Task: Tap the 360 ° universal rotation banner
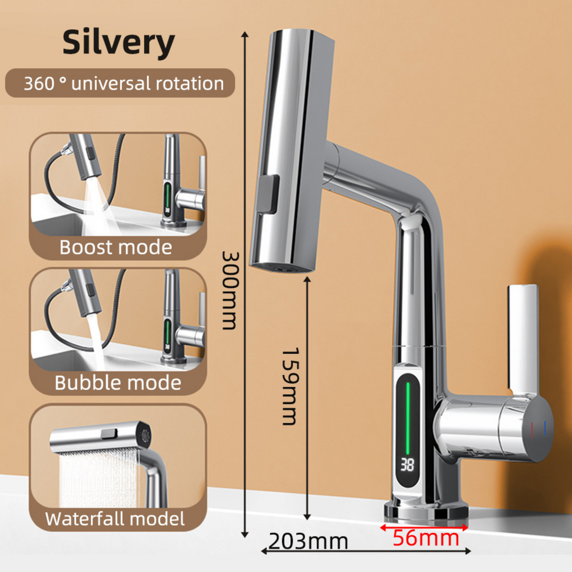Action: pos(120,83)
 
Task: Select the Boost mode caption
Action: pos(116,247)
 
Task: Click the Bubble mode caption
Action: pos(118,383)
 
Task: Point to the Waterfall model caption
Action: pos(115,519)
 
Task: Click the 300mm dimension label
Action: pos(230,291)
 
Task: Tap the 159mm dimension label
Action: pos(290,387)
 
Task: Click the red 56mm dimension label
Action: pos(426,538)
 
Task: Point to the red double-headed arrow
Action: pos(424,528)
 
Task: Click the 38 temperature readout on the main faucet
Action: pos(407,465)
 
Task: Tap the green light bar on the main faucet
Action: pos(408,419)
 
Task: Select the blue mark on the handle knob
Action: pos(545,429)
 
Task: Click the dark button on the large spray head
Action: pos(269,194)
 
